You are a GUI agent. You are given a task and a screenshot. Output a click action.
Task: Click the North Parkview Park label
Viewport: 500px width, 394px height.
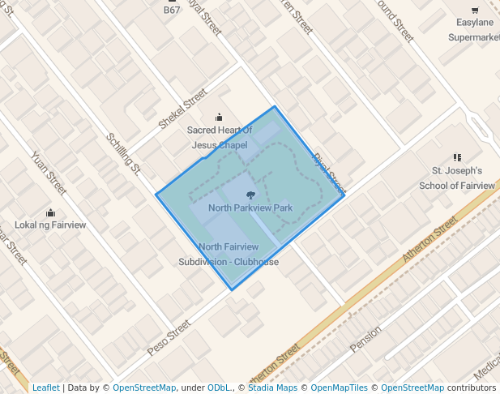click(250, 208)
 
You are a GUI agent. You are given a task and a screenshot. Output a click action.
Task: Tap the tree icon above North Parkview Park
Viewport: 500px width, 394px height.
click(250, 195)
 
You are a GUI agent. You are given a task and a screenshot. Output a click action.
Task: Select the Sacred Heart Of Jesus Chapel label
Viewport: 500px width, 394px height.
click(219, 137)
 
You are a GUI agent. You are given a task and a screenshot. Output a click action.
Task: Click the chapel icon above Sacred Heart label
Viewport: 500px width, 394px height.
click(218, 118)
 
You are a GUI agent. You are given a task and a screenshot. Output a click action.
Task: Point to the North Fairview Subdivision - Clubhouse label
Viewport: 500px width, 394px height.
click(229, 255)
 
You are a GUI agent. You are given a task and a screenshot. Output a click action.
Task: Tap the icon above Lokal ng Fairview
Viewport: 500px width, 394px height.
click(51, 212)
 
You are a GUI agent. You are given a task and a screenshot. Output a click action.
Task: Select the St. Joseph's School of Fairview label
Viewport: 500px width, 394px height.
click(456, 178)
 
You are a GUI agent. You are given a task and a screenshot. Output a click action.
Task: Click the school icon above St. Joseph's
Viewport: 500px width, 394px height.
click(457, 157)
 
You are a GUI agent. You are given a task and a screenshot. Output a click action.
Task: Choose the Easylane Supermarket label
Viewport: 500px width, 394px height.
click(474, 29)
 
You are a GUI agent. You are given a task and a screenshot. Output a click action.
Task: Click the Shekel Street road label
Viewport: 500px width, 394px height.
click(182, 109)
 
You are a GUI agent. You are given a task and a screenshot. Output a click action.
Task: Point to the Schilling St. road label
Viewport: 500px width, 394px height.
click(124, 153)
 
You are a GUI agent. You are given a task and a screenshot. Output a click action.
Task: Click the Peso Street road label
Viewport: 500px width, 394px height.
click(169, 337)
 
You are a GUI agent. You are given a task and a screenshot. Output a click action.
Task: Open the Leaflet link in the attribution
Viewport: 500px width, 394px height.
click(45, 388)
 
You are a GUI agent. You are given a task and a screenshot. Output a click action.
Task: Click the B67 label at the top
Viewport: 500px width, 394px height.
click(172, 11)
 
